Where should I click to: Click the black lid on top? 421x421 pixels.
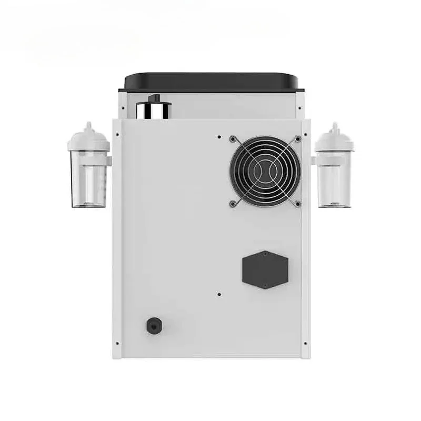click(211, 82)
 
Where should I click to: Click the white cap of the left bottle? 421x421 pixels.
click(88, 138)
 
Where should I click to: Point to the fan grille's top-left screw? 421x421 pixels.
click(232, 139)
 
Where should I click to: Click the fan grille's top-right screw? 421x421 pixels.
click(297, 139)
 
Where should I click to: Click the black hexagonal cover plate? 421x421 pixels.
click(265, 269)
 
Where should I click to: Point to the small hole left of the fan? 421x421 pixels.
click(219, 136)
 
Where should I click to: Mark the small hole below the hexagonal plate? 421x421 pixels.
click(219, 294)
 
